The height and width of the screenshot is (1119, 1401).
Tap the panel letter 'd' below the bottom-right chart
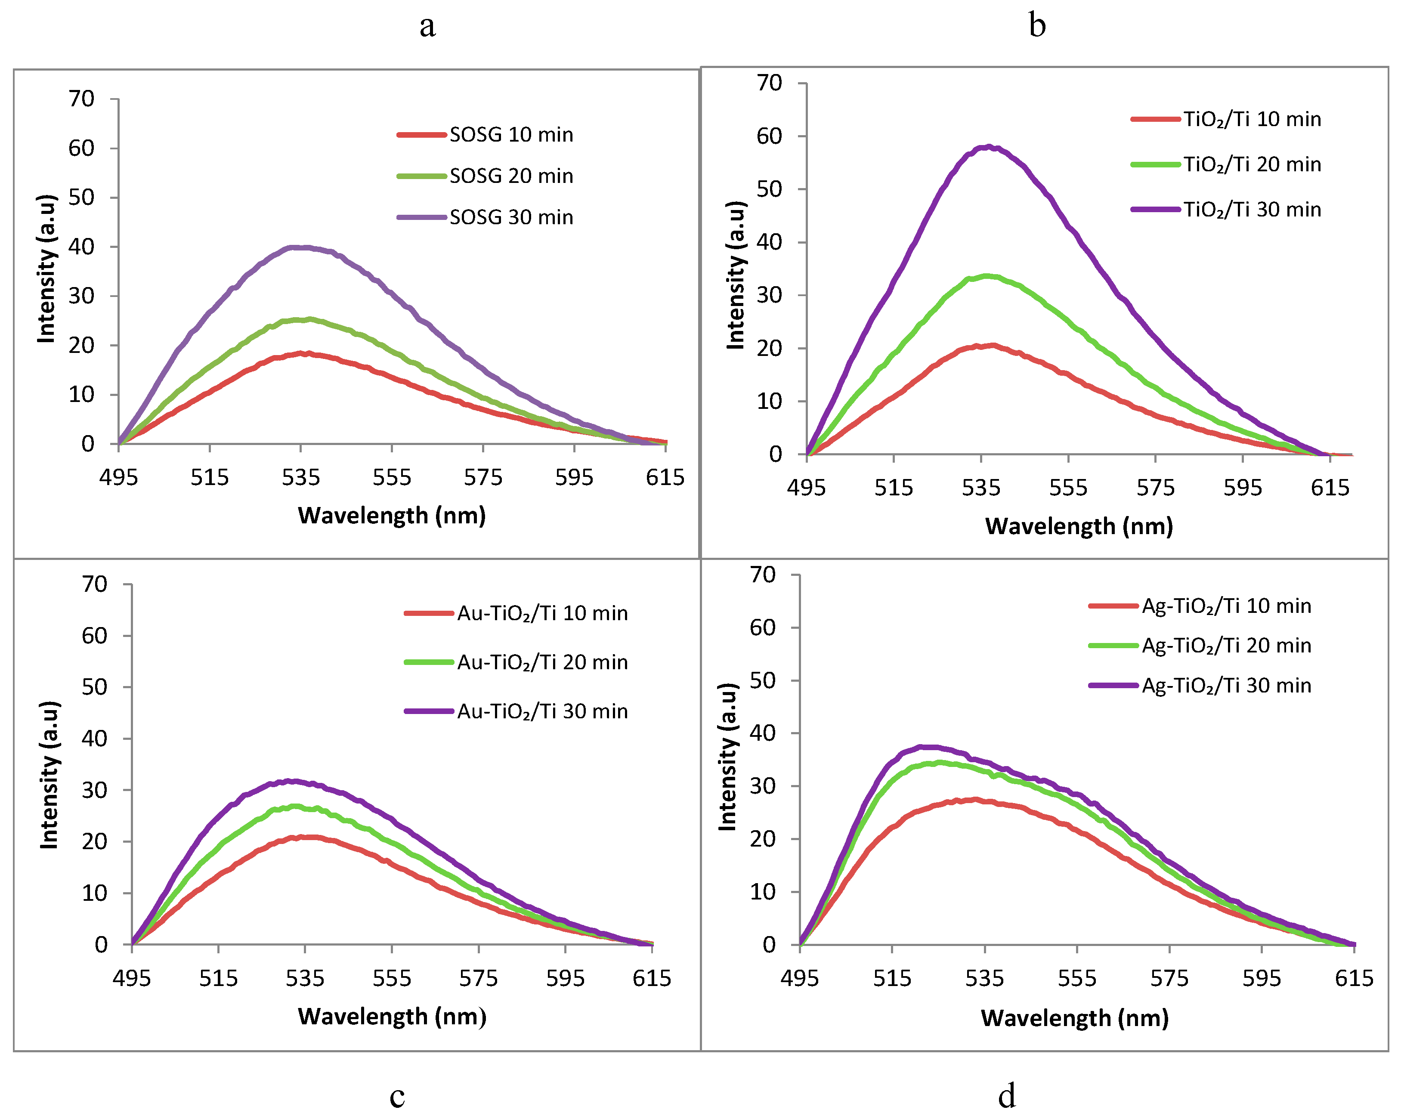[x=1007, y=1096]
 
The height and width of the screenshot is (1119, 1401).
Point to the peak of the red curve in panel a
[x=302, y=353]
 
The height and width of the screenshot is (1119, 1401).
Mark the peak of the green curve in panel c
[x=296, y=807]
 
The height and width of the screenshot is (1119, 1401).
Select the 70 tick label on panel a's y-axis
[x=81, y=99]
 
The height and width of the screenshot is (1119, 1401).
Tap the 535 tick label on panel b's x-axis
[x=980, y=487]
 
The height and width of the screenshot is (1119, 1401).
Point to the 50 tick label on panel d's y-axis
[x=762, y=680]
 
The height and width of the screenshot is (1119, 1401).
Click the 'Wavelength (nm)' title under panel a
[x=392, y=515]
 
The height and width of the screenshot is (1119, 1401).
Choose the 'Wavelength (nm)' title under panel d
[x=1075, y=1017]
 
